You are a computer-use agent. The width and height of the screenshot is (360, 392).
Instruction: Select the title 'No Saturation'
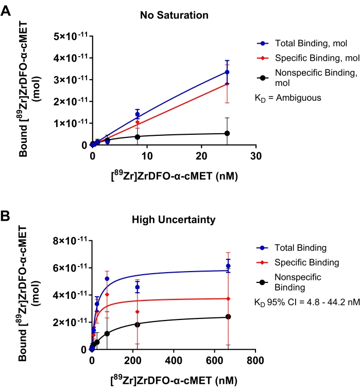click(174, 15)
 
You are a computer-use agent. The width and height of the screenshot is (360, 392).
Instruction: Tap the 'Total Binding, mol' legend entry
click(308, 44)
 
